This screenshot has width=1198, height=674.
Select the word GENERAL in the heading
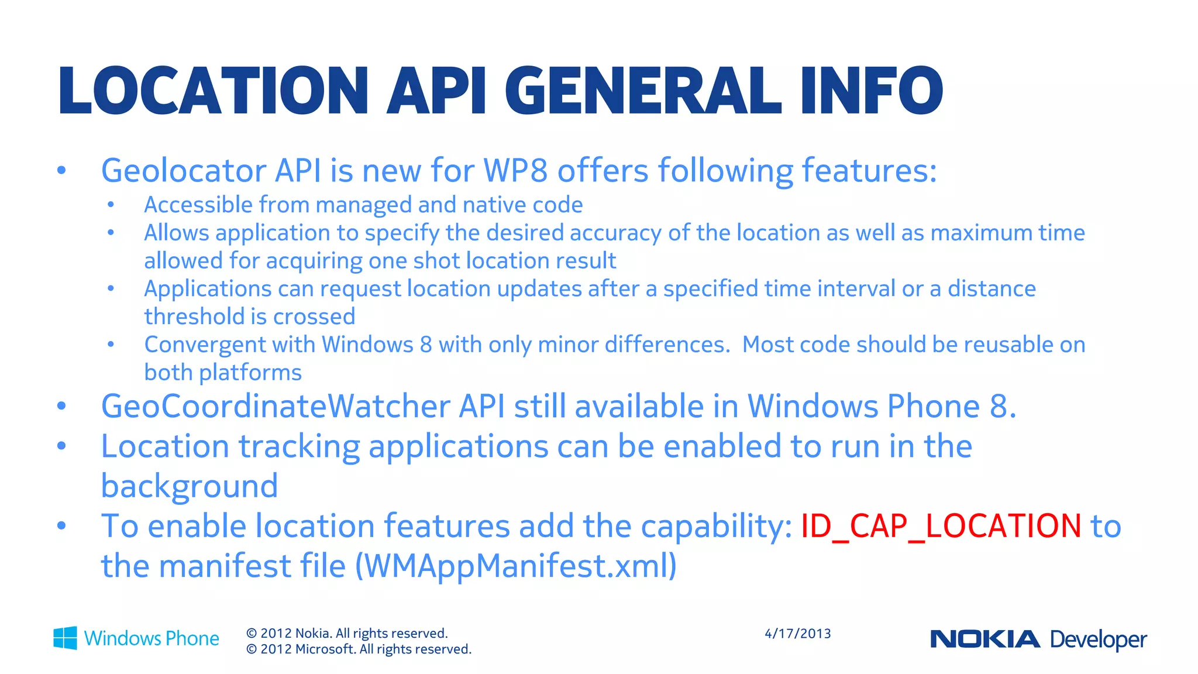(x=643, y=91)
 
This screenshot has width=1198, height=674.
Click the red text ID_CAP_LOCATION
(x=941, y=526)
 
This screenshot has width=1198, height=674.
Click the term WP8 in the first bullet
(x=515, y=171)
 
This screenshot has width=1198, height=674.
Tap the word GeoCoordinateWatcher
(x=275, y=407)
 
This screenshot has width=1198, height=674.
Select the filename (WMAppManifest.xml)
(x=516, y=566)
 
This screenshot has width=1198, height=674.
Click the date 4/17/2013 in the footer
(x=797, y=634)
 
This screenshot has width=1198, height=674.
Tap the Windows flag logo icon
(x=65, y=638)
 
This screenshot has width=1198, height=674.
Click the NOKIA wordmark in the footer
(x=985, y=639)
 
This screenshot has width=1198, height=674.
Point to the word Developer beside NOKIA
(x=1099, y=639)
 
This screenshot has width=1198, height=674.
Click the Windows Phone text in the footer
(x=152, y=638)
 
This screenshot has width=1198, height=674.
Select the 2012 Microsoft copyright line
(x=359, y=649)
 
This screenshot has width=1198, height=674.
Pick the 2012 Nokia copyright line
(x=347, y=633)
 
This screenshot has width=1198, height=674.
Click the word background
(x=189, y=486)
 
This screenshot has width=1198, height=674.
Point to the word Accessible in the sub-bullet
(x=198, y=205)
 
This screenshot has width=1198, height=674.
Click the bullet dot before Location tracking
(x=61, y=446)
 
